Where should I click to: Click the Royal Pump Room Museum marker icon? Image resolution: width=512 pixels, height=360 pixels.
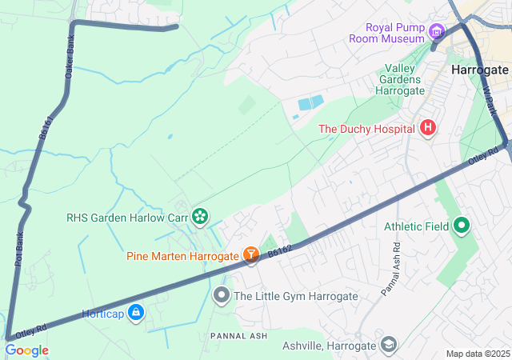436,33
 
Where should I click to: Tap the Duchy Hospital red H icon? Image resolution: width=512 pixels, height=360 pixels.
428,128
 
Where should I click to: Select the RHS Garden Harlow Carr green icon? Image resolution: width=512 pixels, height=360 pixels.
199,215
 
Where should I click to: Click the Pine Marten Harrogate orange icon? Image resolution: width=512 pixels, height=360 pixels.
251,255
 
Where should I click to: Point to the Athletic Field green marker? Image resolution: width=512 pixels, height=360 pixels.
461,226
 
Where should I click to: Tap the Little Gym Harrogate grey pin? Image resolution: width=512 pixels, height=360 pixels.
222,296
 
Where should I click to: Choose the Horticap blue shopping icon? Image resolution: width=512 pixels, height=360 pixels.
136,311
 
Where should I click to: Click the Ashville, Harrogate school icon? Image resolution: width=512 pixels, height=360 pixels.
388,345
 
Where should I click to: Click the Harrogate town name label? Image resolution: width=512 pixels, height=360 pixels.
479,70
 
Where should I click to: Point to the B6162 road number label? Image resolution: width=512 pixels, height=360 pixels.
280,251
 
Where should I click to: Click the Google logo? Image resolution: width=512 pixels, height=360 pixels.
26,350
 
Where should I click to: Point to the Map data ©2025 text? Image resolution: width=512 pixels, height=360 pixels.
477,354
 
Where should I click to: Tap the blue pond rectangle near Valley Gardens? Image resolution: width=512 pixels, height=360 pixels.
310,103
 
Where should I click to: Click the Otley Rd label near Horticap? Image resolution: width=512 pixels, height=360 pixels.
31,330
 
